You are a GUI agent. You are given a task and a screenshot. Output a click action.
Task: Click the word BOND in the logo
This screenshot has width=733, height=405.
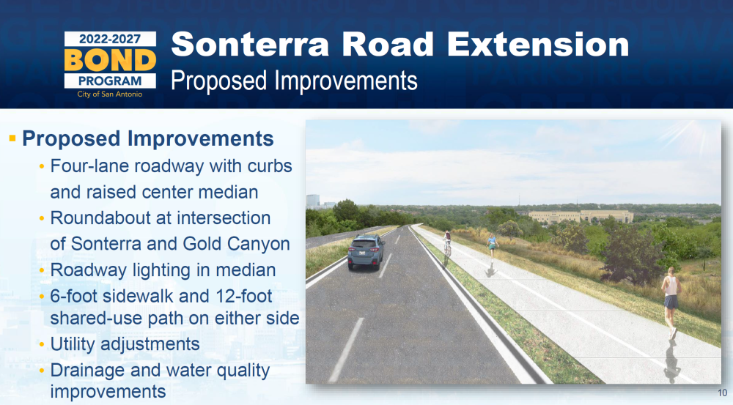point(110,60)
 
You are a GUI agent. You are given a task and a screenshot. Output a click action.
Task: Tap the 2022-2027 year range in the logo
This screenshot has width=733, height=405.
point(110,39)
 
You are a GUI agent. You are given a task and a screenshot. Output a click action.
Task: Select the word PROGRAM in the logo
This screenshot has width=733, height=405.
point(110,81)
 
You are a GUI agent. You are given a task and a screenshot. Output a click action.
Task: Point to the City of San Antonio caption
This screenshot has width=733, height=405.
point(110,94)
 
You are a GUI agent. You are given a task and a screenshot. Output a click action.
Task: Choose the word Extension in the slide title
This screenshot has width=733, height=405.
point(537,45)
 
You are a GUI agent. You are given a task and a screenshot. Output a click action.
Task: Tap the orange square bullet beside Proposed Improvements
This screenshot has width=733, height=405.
point(12,138)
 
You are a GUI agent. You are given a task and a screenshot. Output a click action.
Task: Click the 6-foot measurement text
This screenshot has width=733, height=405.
point(74,296)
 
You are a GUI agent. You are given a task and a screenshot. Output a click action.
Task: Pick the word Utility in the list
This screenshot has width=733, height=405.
point(73,344)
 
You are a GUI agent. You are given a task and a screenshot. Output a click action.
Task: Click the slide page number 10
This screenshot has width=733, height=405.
point(722,393)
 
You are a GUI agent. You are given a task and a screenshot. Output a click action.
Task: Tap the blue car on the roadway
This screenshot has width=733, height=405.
point(366,252)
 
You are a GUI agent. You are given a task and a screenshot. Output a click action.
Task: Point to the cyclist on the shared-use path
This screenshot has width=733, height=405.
point(447,242)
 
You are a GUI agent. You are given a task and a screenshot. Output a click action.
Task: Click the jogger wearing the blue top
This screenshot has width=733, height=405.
point(492,247)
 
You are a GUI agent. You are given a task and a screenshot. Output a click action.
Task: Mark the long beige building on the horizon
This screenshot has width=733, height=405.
point(581,216)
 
